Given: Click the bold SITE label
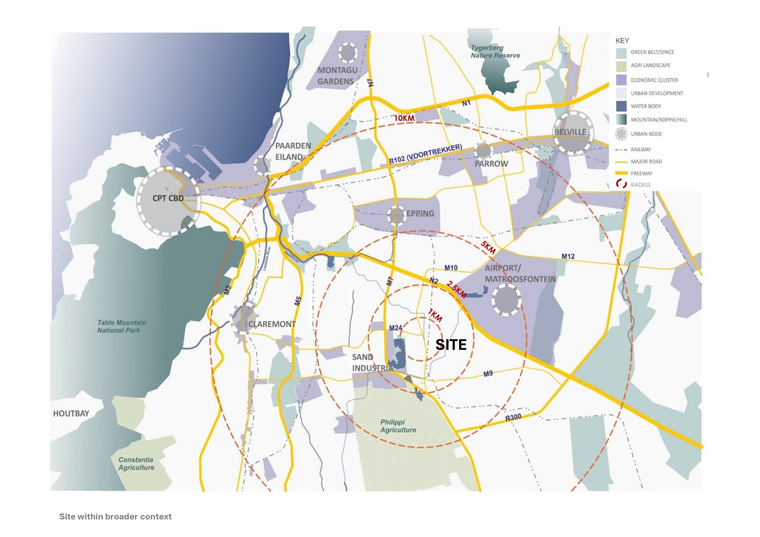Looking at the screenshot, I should pos(451,345).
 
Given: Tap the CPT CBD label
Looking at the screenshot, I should pos(168,198).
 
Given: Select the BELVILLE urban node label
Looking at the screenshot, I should pos(570,132).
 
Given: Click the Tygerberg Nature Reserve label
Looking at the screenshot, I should pos(495,51).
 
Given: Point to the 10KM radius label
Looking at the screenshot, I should pos(404,118).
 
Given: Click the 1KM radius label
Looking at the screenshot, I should pos(435,315).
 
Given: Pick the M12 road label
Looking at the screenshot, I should pos(568,256).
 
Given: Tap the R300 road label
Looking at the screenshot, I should pos(513,417).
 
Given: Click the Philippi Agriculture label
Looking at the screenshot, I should pos(398,426).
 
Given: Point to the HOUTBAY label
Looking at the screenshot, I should pos(71,413).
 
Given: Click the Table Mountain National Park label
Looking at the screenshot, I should pos(121,326).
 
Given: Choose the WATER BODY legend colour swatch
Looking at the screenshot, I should pos(621,106).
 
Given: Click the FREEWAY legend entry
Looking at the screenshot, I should pos(641,173).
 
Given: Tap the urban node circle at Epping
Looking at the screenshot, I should pos(396,215).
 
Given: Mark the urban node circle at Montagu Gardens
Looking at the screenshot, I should pos(348,53).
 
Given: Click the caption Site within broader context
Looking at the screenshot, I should pos(115,517).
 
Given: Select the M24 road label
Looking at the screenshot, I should pos(395,328).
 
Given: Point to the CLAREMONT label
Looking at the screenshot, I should pos(272,324).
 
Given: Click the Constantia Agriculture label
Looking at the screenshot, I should pos(136,464).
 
